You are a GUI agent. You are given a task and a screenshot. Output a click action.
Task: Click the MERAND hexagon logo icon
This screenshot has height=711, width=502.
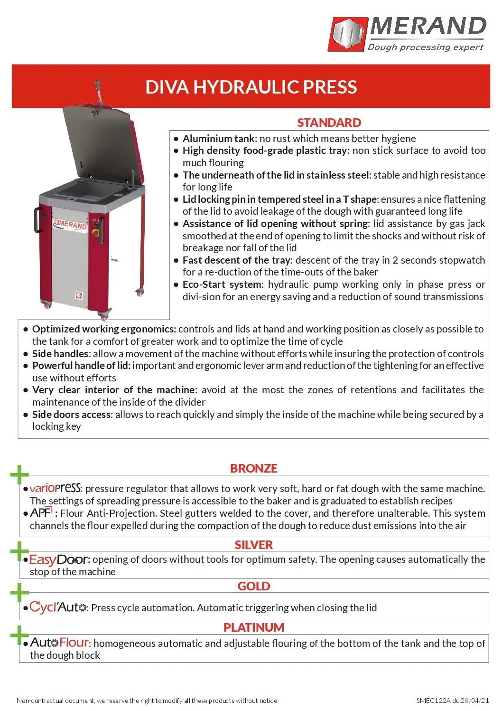348,34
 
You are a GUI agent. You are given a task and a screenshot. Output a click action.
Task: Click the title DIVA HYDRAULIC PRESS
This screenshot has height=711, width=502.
251,87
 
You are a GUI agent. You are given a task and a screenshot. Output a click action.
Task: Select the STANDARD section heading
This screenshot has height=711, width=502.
329,123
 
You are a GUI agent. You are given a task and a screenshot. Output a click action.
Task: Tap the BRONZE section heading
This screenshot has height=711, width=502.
253,468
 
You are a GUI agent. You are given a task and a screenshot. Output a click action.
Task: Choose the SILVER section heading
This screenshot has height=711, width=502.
253,545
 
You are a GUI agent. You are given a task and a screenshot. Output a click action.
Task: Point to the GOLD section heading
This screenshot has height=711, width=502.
253,586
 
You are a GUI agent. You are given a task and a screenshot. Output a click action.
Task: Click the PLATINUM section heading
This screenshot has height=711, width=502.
253,627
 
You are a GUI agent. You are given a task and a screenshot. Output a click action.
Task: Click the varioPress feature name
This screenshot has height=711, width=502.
55,488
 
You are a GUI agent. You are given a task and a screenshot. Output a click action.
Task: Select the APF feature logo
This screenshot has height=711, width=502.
41,512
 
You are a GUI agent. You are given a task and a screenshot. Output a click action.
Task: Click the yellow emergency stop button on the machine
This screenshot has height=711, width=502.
94,233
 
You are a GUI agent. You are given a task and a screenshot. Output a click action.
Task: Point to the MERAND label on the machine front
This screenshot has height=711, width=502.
71,225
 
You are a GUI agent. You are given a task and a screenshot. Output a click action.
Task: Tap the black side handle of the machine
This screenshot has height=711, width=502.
37,220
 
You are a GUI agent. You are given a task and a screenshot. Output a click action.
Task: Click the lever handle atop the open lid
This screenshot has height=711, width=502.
99,90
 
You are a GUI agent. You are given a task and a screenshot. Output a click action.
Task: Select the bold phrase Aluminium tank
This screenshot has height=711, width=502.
220,139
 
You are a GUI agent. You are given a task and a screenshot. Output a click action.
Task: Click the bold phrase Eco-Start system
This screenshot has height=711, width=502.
222,284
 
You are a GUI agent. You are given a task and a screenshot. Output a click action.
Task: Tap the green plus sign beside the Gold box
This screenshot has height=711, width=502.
19,593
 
